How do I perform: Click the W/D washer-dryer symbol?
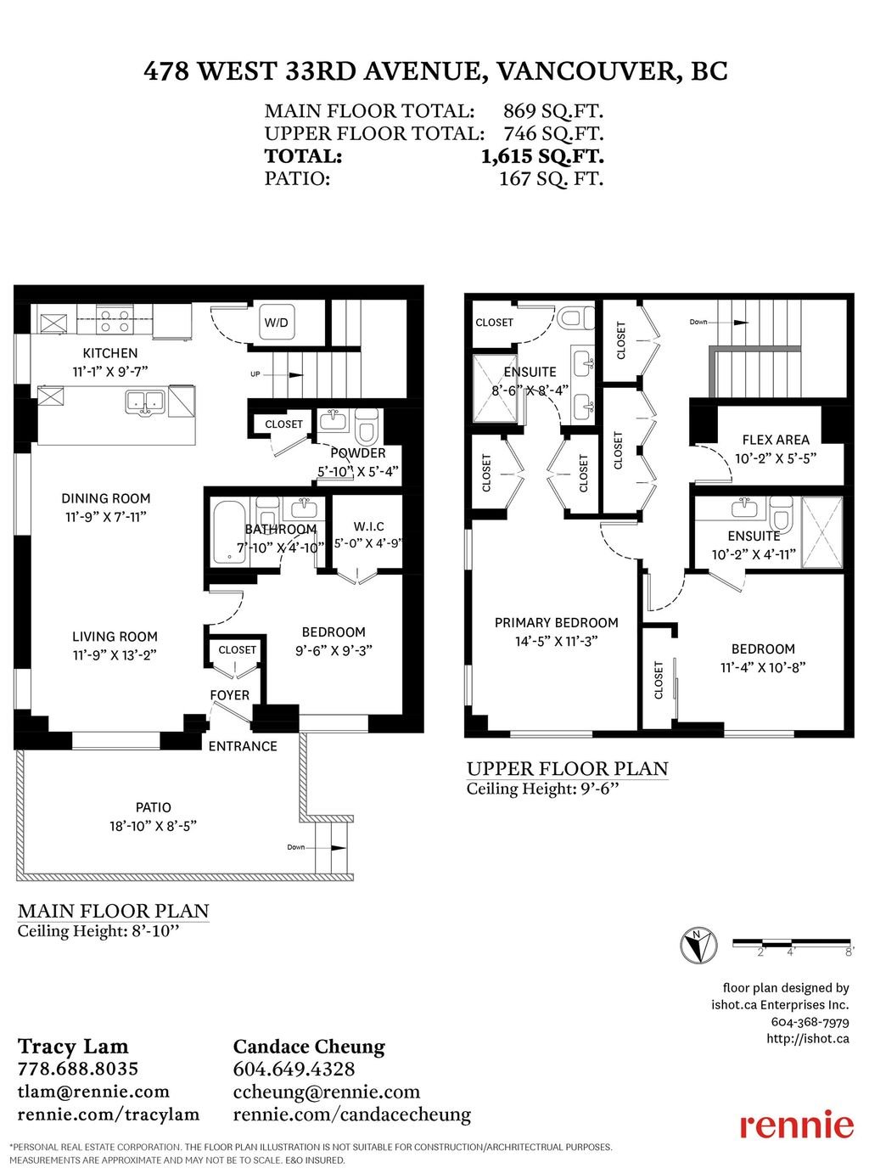pyautogui.click(x=277, y=322)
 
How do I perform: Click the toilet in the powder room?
pyautogui.click(x=366, y=426)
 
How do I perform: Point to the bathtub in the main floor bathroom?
pyautogui.click(x=228, y=532)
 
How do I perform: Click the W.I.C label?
pyautogui.click(x=368, y=526)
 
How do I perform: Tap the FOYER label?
pyautogui.click(x=230, y=695)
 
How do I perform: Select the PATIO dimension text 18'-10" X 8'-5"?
pyautogui.click(x=154, y=825)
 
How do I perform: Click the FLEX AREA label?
pyautogui.click(x=776, y=439)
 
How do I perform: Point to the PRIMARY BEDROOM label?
pyautogui.click(x=556, y=622)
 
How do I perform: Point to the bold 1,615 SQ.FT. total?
pyautogui.click(x=542, y=156)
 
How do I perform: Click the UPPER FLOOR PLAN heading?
pyautogui.click(x=568, y=769)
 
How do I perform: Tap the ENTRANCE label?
pyautogui.click(x=243, y=745)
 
